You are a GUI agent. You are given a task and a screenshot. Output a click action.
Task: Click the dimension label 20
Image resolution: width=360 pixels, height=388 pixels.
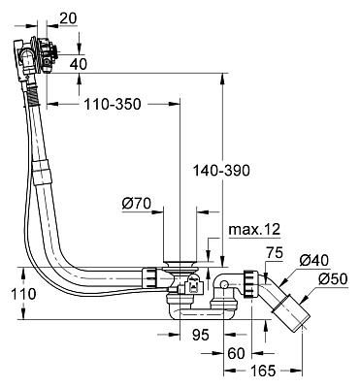pyautogui.click(x=68, y=18)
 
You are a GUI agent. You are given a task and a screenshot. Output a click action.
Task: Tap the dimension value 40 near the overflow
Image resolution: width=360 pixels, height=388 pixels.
pyautogui.click(x=79, y=64)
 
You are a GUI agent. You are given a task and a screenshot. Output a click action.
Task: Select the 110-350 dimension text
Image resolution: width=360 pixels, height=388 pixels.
pyautogui.click(x=113, y=104)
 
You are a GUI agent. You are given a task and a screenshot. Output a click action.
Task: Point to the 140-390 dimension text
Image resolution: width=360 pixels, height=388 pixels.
pyautogui.click(x=221, y=170)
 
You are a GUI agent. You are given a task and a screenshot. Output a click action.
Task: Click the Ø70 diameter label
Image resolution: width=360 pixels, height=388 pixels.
pyautogui.click(x=137, y=204)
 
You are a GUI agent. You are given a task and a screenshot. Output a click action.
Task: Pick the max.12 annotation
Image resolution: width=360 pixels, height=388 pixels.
pyautogui.click(x=254, y=229)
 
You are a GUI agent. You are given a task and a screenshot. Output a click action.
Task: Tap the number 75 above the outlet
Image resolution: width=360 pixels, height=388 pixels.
pyautogui.click(x=274, y=252)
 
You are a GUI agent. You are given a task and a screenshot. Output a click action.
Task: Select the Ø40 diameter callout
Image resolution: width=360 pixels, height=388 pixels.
pyautogui.click(x=313, y=260)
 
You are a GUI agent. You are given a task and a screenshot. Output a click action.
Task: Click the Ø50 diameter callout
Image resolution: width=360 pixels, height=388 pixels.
pyautogui.click(x=333, y=278)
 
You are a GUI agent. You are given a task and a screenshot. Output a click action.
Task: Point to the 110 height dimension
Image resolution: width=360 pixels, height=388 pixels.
pyautogui.click(x=23, y=294)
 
